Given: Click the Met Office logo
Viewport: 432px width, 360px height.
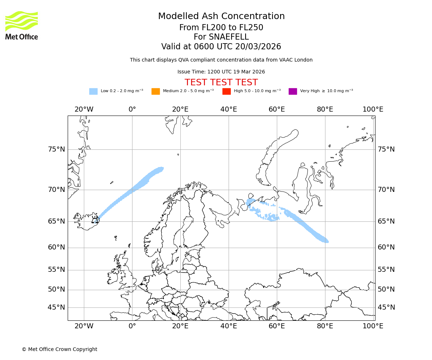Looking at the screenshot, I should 22,25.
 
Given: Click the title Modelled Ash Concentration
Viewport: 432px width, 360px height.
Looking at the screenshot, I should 221,17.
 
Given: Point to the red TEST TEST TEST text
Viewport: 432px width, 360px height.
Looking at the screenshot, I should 221,82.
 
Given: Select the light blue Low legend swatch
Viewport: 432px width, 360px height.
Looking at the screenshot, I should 93,91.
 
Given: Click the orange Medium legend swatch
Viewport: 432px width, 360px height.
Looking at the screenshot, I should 156,91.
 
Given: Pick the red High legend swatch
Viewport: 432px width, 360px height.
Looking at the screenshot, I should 226,91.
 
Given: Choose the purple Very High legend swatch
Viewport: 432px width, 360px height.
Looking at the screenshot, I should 293,91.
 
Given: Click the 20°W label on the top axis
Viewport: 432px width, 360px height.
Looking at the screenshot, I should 84,109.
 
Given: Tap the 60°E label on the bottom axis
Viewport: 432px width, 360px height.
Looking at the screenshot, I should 277,326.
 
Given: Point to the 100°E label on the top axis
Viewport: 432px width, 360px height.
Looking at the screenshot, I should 373,109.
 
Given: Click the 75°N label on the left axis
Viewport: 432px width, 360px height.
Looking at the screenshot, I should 57,149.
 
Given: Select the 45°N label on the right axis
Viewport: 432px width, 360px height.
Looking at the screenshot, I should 386,307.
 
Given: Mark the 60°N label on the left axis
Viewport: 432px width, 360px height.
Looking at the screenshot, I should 57,247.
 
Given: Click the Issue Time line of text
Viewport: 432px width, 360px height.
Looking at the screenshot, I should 221,72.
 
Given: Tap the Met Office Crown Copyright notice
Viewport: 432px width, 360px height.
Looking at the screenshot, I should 59,350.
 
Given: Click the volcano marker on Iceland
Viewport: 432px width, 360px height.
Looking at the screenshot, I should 95,220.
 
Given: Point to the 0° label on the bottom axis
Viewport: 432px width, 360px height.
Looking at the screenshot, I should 132,326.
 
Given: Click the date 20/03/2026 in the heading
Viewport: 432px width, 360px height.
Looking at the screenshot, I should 258,47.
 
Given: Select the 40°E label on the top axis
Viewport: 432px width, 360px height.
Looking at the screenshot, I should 229,109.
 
